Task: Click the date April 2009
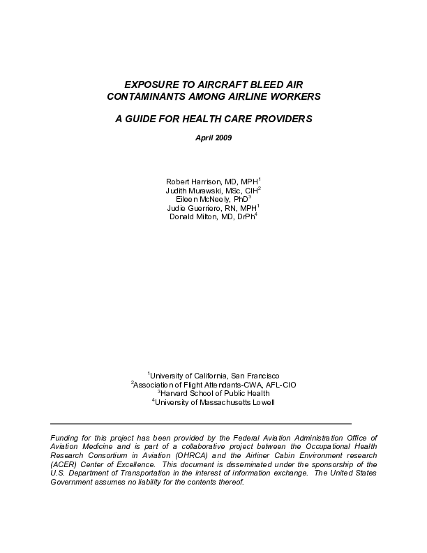[213, 137]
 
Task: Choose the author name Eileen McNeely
[197, 199]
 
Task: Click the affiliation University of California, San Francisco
[216, 375]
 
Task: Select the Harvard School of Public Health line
[215, 393]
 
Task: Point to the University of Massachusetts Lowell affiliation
[215, 402]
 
